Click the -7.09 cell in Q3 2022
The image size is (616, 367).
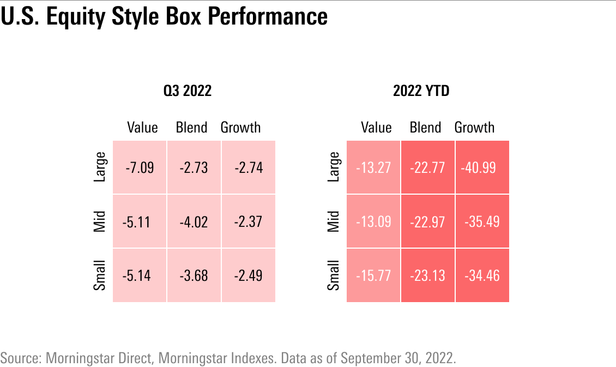click(x=140, y=167)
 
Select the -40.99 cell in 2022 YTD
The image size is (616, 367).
click(x=481, y=167)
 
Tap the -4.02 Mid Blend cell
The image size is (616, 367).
click(x=194, y=221)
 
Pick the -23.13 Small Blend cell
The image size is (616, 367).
click(x=427, y=275)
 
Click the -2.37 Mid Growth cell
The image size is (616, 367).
click(x=248, y=221)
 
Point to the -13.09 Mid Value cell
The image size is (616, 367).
click(x=373, y=221)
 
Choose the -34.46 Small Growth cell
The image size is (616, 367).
click(x=482, y=275)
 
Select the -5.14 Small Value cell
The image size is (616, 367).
click(x=140, y=275)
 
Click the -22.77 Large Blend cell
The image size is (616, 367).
click(x=427, y=167)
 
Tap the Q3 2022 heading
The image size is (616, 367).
click(x=188, y=91)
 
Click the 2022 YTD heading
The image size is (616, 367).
click(x=421, y=91)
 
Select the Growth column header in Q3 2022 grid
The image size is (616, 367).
click(x=240, y=128)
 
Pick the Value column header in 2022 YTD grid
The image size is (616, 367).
click(x=376, y=128)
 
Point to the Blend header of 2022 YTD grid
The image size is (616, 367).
click(x=425, y=128)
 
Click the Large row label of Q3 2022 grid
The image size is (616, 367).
click(x=100, y=167)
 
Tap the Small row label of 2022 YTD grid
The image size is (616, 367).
click(x=334, y=275)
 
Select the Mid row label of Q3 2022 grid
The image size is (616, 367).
click(x=100, y=221)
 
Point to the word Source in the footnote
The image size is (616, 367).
click(x=21, y=358)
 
